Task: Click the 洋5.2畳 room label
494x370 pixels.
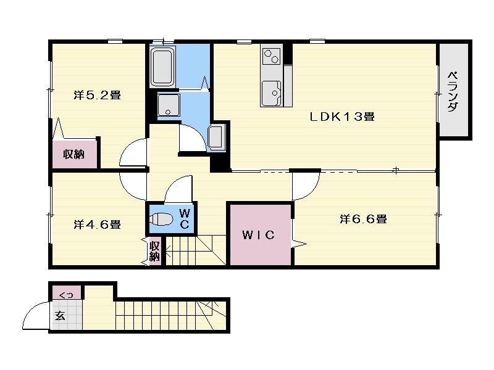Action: [x=97, y=95]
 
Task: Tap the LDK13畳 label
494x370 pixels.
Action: [x=342, y=117]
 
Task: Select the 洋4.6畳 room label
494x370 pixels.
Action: [x=97, y=224]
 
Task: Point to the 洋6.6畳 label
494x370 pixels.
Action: [x=363, y=219]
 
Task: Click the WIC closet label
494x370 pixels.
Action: [x=258, y=235]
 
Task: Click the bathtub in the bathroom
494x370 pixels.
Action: [x=162, y=67]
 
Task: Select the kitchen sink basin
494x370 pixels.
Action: [x=271, y=93]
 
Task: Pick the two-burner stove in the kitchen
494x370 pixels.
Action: [x=272, y=56]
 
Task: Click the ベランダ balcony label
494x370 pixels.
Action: [x=453, y=91]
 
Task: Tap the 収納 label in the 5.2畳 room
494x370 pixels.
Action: [x=73, y=154]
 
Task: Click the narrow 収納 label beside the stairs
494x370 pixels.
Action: [x=154, y=251]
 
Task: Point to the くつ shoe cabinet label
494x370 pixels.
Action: [x=66, y=295]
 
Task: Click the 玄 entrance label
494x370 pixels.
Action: [x=60, y=315]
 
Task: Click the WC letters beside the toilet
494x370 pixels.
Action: [x=185, y=219]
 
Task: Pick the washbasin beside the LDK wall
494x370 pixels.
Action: [x=216, y=137]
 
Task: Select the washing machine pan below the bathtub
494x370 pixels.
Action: [x=169, y=105]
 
